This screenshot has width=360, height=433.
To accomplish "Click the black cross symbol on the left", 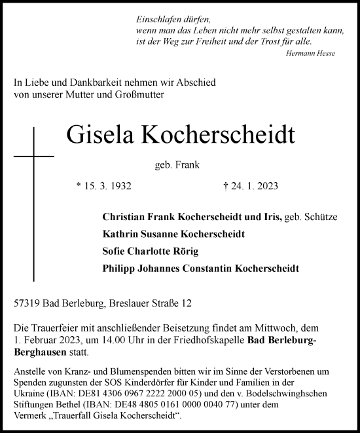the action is pyautogui.click(x=33, y=158).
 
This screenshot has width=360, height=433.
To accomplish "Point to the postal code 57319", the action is pyautogui.click(x=27, y=303).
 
